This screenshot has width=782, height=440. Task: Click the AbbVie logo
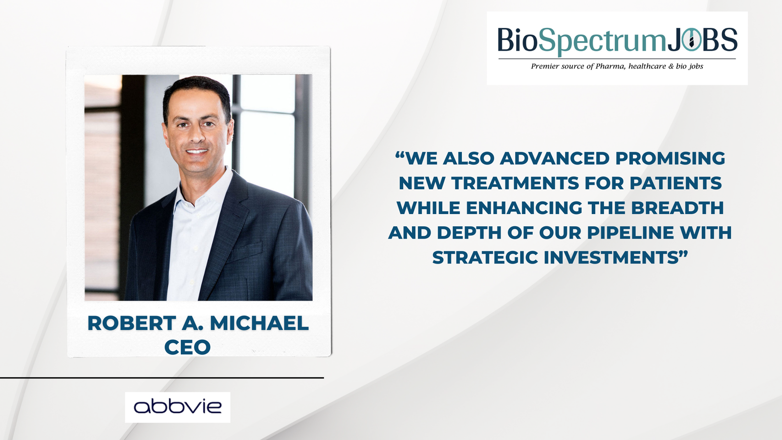pyautogui.click(x=178, y=407)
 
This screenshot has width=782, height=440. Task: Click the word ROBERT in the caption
pyautogui.click(x=131, y=323)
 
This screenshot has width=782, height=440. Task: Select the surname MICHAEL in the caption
pyautogui.click(x=260, y=323)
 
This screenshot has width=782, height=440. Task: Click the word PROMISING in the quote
pyautogui.click(x=670, y=158)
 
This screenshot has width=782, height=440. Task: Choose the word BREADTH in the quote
pyautogui.click(x=677, y=208)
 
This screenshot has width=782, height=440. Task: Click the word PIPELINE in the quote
pyautogui.click(x=630, y=233)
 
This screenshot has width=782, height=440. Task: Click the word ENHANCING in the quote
pyautogui.click(x=524, y=208)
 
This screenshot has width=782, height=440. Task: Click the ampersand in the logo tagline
pyautogui.click(x=671, y=66)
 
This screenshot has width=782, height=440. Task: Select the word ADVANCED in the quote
pyautogui.click(x=555, y=158)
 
